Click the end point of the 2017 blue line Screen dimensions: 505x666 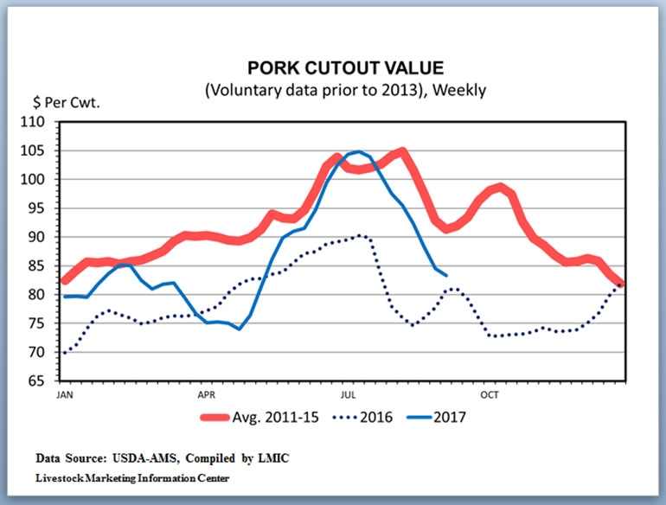point(446,275)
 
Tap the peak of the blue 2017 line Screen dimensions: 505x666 point(357,152)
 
